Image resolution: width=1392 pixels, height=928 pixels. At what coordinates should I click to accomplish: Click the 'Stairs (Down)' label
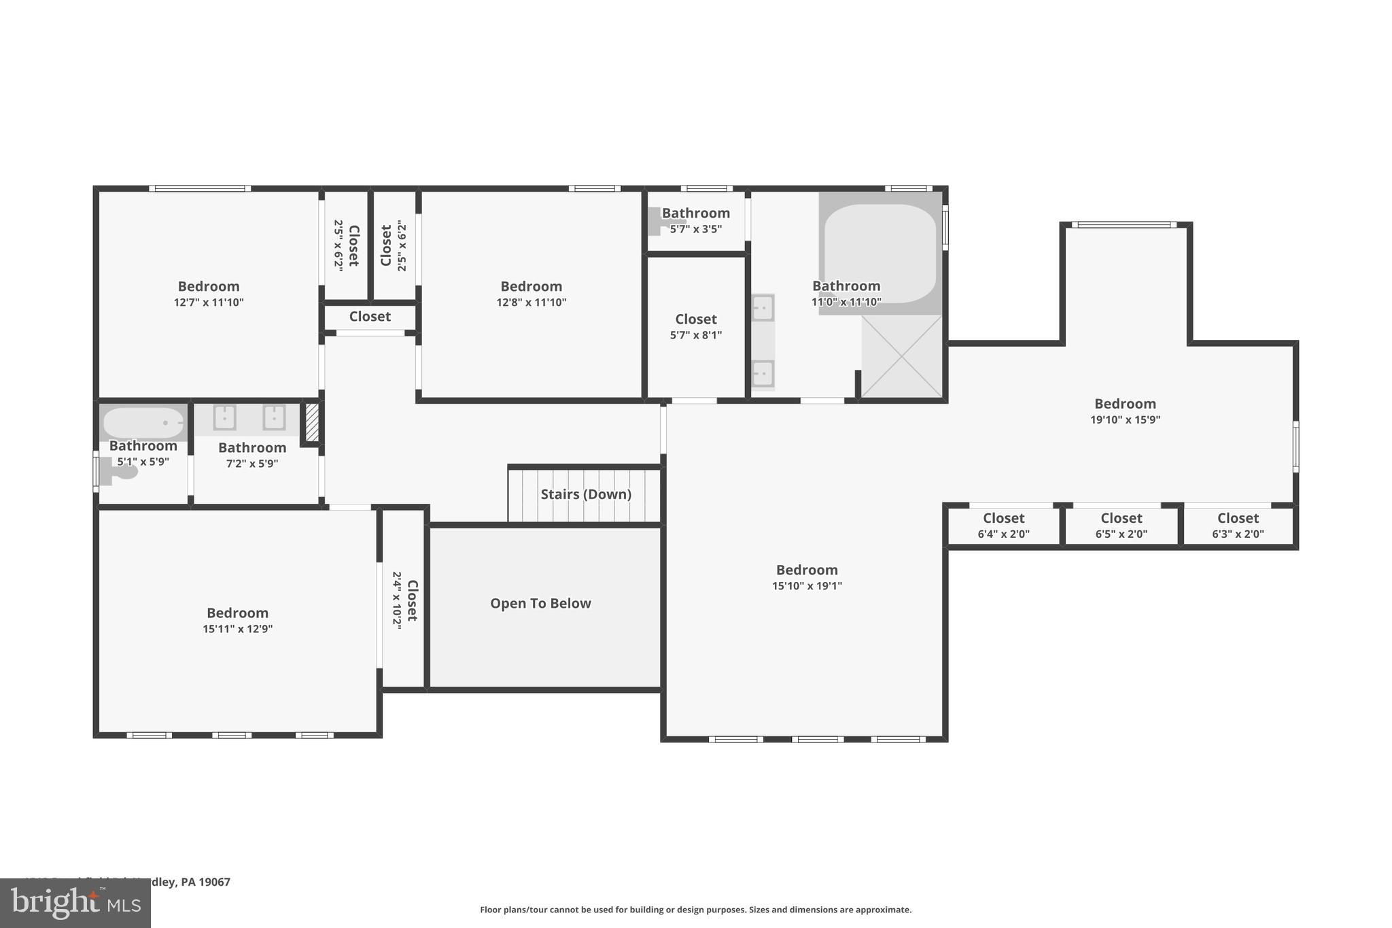tap(585, 494)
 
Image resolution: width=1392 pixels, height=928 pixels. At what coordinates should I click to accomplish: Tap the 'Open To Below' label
tap(540, 604)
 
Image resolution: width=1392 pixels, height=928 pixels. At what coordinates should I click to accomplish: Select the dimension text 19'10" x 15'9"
tap(1125, 420)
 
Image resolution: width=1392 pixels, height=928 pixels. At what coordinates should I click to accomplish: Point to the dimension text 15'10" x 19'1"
tap(807, 586)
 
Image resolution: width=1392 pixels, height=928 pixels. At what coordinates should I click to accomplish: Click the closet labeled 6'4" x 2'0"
tap(1003, 526)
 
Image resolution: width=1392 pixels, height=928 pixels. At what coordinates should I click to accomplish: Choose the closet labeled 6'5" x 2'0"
tap(1121, 526)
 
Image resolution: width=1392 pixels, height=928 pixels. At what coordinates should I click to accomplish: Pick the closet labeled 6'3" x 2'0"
tap(1238, 526)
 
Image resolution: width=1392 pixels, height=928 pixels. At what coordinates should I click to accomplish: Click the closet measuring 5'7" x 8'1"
tap(695, 326)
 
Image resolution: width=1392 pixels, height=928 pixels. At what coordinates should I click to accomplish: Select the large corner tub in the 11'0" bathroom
tap(880, 253)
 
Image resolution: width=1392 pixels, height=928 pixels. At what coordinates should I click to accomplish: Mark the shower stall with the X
tap(901, 356)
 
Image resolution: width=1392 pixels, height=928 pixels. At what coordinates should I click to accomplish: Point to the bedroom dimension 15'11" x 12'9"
tap(237, 630)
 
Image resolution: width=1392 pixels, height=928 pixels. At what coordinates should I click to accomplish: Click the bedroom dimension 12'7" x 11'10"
tap(209, 303)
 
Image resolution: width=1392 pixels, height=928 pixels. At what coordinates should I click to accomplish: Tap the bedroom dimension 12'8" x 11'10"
tap(531, 303)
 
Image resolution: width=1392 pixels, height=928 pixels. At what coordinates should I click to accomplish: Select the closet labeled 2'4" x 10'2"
tap(404, 600)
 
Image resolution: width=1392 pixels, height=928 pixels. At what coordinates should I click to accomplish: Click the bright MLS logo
tap(75, 903)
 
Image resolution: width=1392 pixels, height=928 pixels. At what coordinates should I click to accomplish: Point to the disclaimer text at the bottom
tap(695, 910)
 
